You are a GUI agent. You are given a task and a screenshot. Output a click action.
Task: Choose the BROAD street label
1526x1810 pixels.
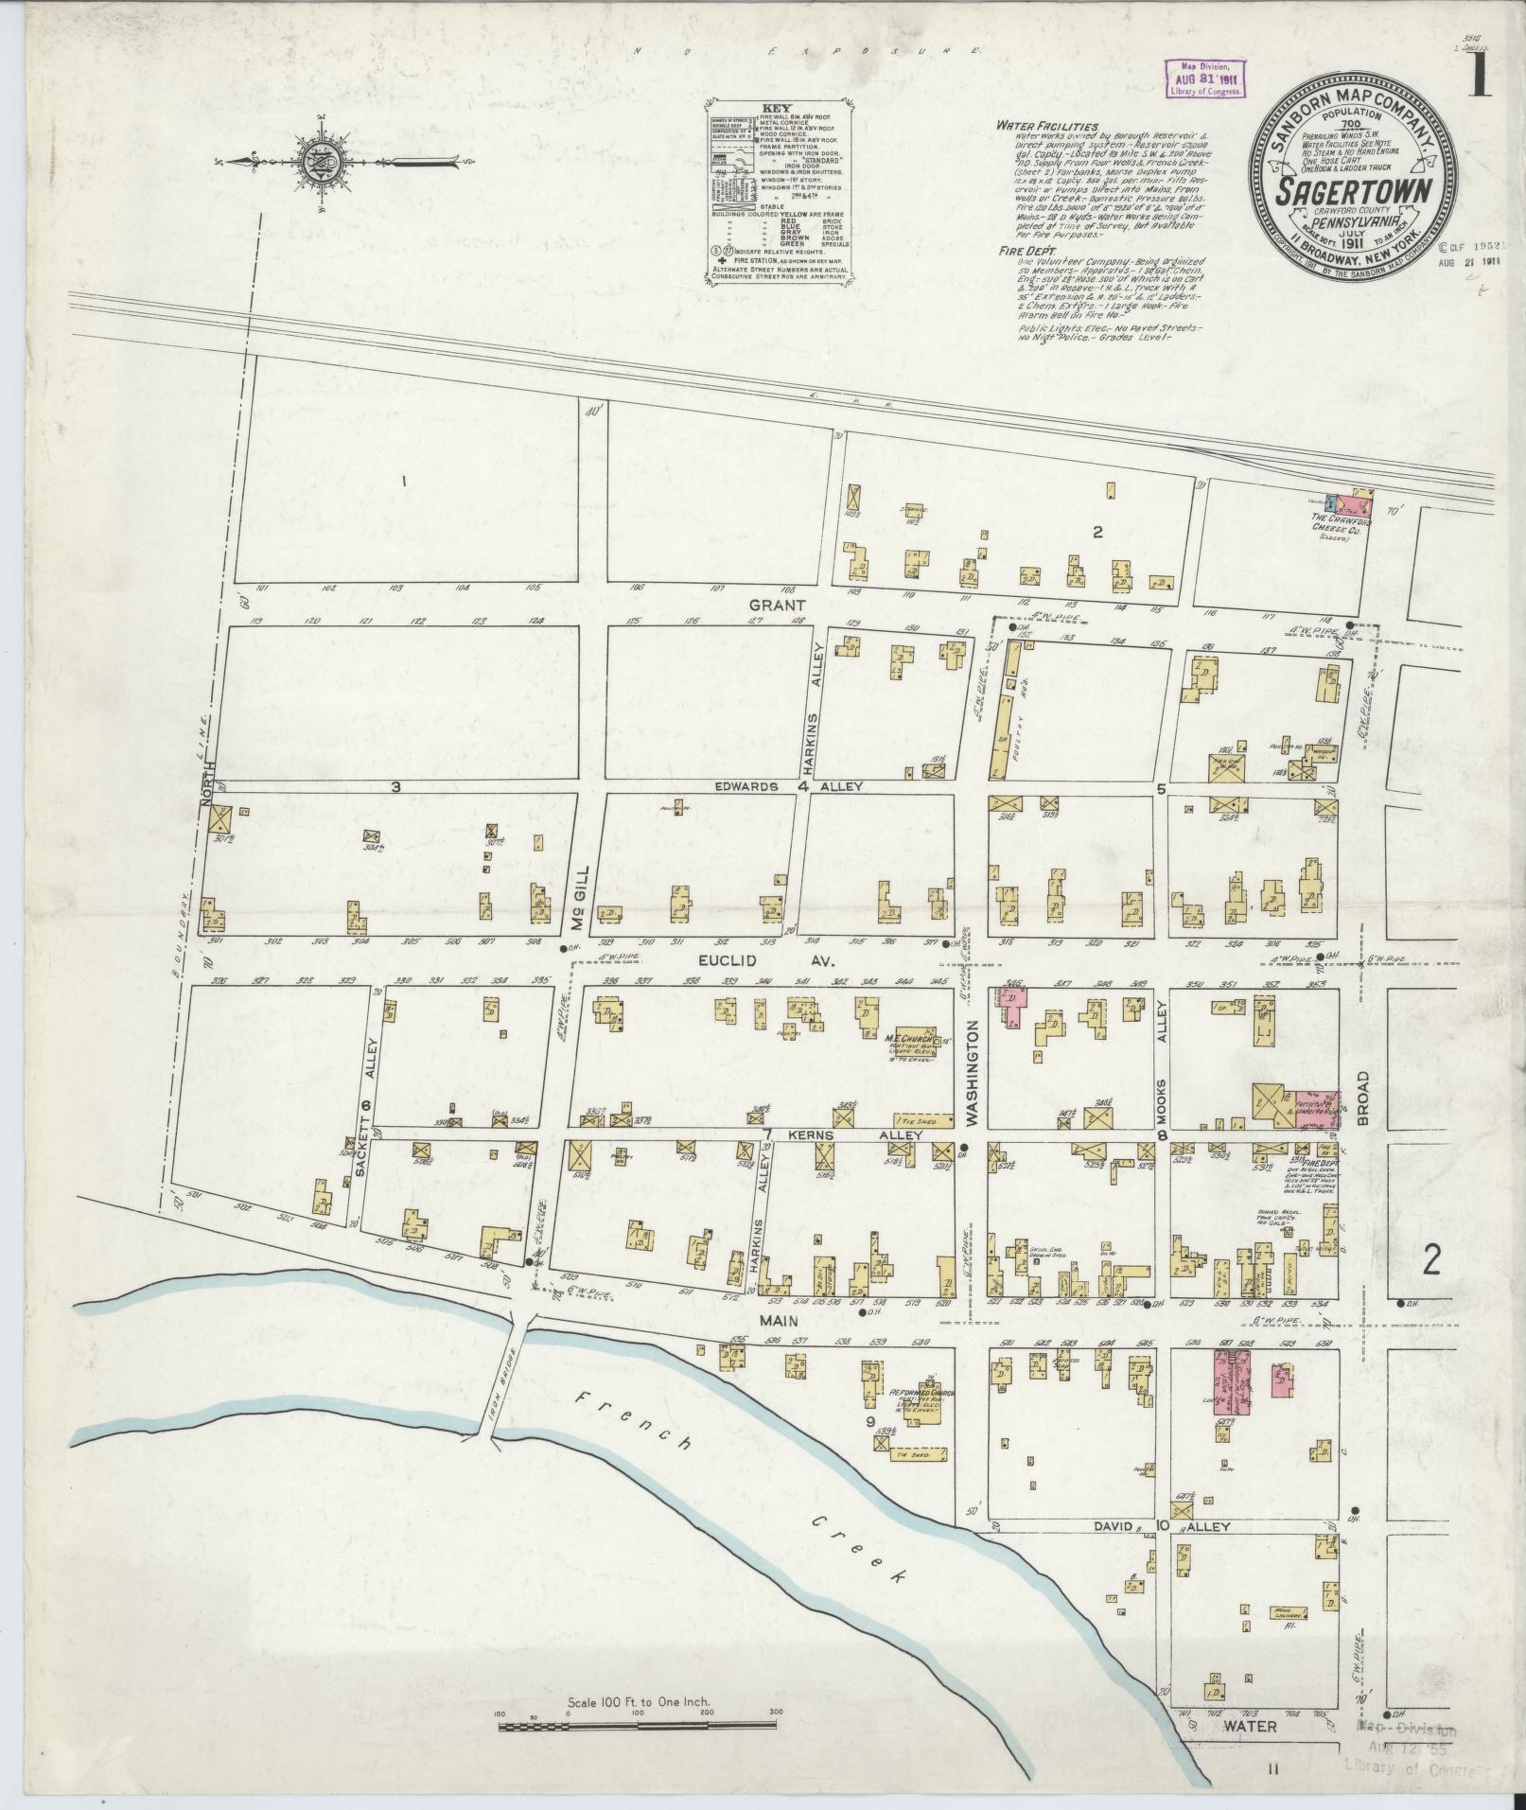pyautogui.click(x=1363, y=1097)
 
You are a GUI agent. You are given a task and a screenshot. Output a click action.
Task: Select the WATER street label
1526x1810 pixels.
pyautogui.click(x=1254, y=1727)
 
